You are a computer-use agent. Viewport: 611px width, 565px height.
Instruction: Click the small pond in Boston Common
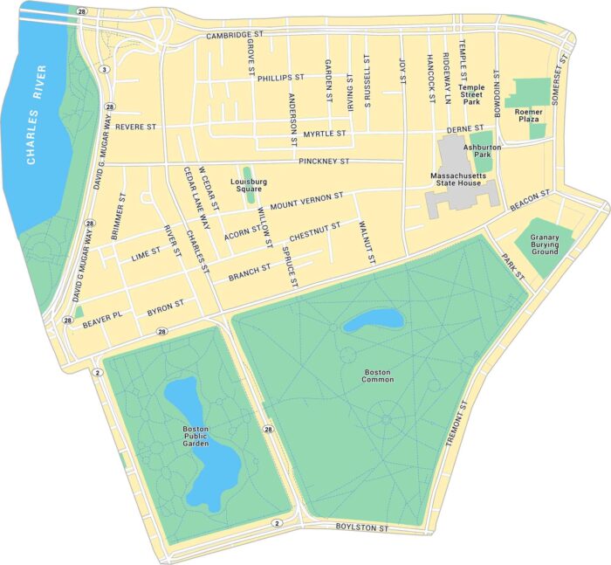pyautogui.click(x=374, y=320)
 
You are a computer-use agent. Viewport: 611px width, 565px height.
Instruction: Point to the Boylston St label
pyautogui.click(x=362, y=527)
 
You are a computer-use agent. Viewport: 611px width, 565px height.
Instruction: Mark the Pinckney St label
pyautogui.click(x=323, y=162)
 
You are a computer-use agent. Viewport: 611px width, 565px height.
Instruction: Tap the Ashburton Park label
pyautogui.click(x=482, y=151)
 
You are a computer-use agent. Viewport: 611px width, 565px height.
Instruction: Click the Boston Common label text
pyautogui.click(x=379, y=376)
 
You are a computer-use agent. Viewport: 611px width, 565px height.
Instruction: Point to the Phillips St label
pyautogui.click(x=280, y=78)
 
